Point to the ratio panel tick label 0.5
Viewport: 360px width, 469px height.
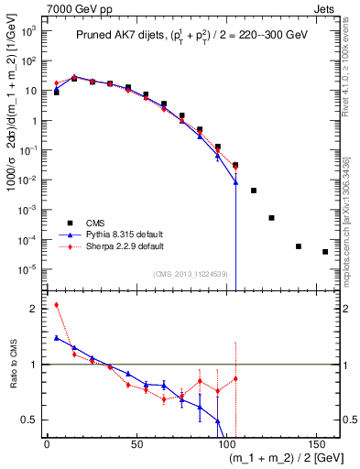[x=30, y=420]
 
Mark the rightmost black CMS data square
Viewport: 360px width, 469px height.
[x=325, y=252]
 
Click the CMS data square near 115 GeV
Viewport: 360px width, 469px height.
[x=254, y=191]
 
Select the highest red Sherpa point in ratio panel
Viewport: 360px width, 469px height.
[x=57, y=305]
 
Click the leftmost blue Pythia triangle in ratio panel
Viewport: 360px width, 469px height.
[x=57, y=338]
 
